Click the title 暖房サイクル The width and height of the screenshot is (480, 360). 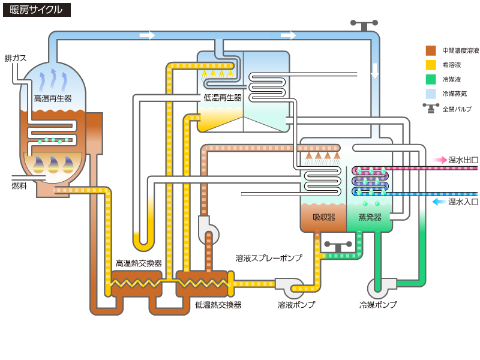click(x=37, y=10)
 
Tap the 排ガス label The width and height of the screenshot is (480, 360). click(x=16, y=58)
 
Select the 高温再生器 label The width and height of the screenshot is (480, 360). click(x=53, y=98)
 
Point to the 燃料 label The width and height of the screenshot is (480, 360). click(x=19, y=186)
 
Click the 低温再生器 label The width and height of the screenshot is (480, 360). click(x=223, y=97)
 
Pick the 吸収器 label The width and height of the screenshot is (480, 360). click(x=324, y=217)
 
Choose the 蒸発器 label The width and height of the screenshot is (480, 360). click(x=370, y=217)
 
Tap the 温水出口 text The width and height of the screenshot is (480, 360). click(x=463, y=160)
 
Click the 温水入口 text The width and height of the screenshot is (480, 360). click(x=463, y=202)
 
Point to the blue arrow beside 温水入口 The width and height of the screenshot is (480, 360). click(x=440, y=202)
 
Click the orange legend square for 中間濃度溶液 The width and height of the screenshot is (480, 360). click(x=431, y=50)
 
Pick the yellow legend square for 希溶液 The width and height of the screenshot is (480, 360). click(x=431, y=65)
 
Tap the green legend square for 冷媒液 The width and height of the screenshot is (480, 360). click(x=431, y=79)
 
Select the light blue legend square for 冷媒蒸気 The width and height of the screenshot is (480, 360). click(x=431, y=94)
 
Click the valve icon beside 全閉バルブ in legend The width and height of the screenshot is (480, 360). click(x=431, y=108)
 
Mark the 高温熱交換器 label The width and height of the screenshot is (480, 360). click(x=139, y=263)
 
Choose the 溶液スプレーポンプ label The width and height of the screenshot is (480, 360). click(x=269, y=258)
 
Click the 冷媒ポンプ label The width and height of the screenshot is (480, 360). click(x=378, y=305)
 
